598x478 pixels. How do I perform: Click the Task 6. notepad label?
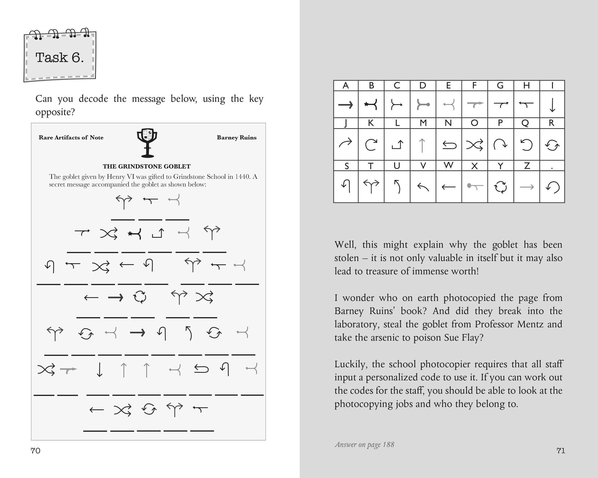60,57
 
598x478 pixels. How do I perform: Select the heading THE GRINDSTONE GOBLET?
147,166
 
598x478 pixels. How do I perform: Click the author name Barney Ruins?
237,137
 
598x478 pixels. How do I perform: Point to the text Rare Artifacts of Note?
71,137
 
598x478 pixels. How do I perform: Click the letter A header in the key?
346,86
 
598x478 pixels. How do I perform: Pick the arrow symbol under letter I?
552,105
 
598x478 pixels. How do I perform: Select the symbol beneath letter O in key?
474,145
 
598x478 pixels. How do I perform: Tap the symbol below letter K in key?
371,145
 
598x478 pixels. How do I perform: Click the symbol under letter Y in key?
500,187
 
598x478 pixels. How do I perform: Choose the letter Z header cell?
526,166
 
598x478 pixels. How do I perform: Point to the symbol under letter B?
371,105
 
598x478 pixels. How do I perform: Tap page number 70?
35,451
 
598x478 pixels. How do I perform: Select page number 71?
561,451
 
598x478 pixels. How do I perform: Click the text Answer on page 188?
365,445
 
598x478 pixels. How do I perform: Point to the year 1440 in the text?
243,177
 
